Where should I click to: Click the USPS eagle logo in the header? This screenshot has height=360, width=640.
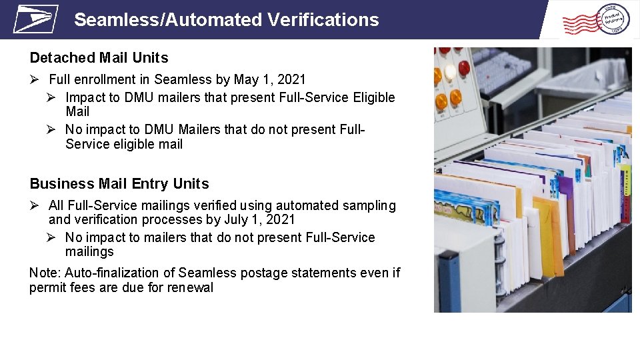[36, 19]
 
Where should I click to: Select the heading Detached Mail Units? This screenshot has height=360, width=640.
[99, 58]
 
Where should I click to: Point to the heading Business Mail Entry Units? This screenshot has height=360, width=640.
[119, 184]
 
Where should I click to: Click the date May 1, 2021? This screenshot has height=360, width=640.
[270, 80]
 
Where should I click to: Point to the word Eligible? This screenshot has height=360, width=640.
[369, 97]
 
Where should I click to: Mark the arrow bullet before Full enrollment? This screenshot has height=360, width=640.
[36, 80]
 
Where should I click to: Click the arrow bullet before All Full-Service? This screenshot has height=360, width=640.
[36, 206]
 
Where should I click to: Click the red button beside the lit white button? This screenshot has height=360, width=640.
[464, 67]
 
